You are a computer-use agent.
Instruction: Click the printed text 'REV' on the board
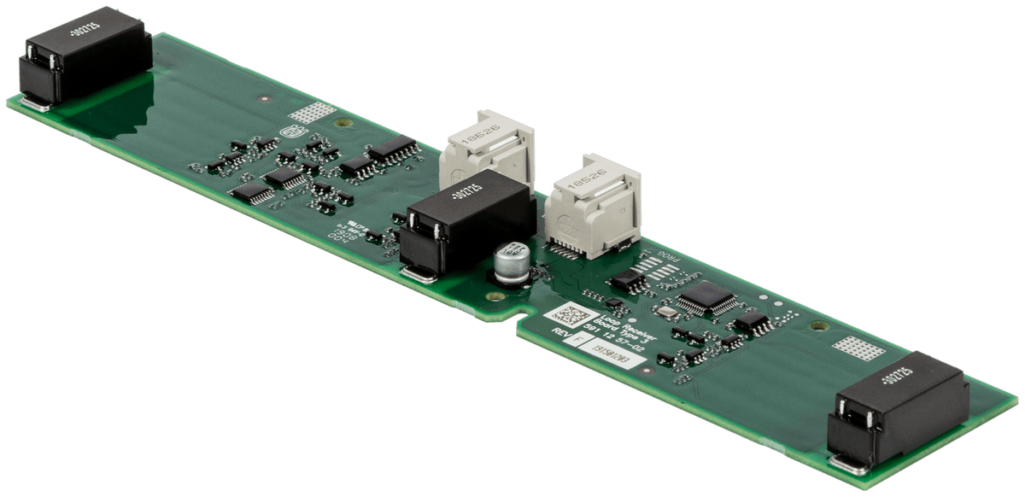[560, 334]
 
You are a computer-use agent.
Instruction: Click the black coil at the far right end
[901, 407]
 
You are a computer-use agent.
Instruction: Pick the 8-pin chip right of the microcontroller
[753, 322]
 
